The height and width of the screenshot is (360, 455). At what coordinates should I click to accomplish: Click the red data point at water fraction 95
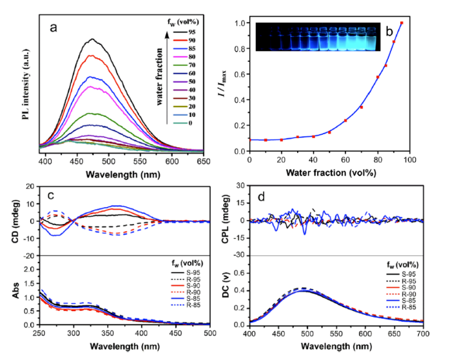tap(402, 23)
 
